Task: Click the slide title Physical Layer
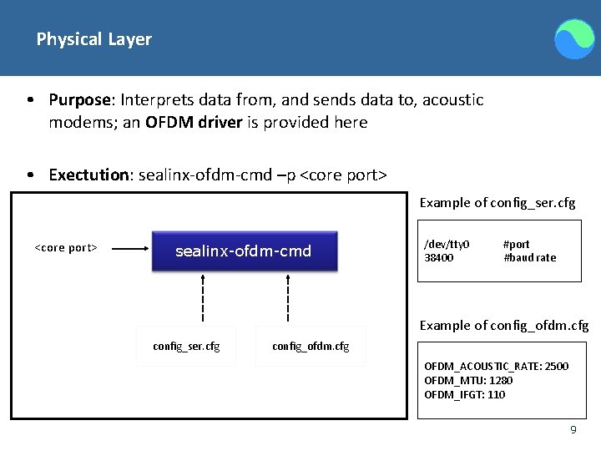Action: pyautogui.click(x=93, y=39)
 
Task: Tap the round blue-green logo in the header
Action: pyautogui.click(x=575, y=39)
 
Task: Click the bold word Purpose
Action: pyautogui.click(x=80, y=100)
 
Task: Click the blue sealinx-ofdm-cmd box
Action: pyautogui.click(x=244, y=251)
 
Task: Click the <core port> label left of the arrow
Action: pyautogui.click(x=66, y=248)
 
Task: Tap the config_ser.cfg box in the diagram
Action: pyautogui.click(x=186, y=346)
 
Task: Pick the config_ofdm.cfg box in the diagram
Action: pyautogui.click(x=311, y=346)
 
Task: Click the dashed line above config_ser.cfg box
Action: pyautogui.click(x=203, y=297)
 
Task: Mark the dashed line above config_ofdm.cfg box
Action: pyautogui.click(x=287, y=297)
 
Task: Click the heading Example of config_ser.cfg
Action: pyautogui.click(x=497, y=203)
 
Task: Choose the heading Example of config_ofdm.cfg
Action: pyautogui.click(x=504, y=325)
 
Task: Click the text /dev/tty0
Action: pyautogui.click(x=447, y=245)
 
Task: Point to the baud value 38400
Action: pyautogui.click(x=439, y=258)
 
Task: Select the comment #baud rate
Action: pyautogui.click(x=529, y=258)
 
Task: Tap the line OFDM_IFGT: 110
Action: pyautogui.click(x=464, y=395)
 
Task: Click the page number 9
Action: pyautogui.click(x=573, y=429)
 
